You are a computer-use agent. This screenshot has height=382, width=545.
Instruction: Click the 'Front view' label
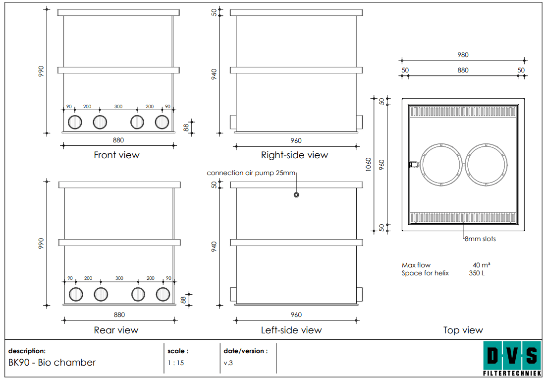[116, 155]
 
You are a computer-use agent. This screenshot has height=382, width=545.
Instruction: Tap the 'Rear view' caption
[116, 330]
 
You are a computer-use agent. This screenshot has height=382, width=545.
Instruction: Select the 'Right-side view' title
[294, 155]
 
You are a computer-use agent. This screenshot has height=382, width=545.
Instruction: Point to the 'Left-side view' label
[291, 330]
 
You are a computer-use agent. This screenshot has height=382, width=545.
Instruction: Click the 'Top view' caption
[463, 330]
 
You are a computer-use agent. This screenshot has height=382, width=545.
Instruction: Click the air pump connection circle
[296, 195]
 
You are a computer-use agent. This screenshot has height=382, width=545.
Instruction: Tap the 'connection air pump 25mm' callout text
[251, 173]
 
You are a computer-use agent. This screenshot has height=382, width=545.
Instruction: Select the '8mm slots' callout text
[481, 239]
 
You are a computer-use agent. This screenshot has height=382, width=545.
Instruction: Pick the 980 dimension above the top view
[463, 55]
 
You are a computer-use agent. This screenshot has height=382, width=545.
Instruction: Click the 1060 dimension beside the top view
[369, 164]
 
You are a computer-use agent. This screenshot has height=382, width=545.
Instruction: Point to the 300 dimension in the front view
[118, 107]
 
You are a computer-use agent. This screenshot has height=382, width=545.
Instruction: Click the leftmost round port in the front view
[75, 122]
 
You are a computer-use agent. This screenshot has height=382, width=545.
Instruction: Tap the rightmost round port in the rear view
[163, 294]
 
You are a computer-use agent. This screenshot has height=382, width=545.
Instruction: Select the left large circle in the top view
[421, 165]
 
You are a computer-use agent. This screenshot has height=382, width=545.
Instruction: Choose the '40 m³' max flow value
[482, 265]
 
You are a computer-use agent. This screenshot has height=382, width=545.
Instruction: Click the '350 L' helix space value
[477, 273]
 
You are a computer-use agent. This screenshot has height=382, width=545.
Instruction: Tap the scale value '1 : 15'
[176, 363]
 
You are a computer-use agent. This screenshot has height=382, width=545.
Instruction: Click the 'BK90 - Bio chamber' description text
[52, 363]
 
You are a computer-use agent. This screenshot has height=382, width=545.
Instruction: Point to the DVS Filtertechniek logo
[512, 359]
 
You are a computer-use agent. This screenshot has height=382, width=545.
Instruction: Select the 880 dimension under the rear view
[119, 315]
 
